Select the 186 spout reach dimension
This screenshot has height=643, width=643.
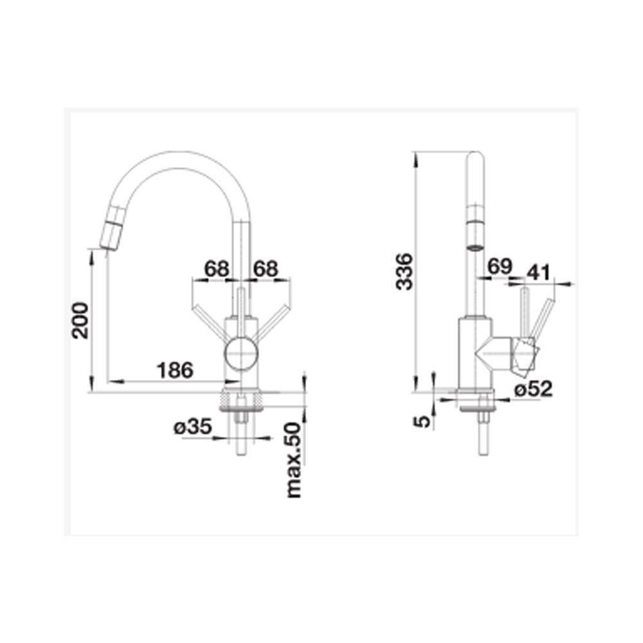point(175,370)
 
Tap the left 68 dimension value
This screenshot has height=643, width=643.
point(217,269)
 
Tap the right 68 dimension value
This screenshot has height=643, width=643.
point(266,269)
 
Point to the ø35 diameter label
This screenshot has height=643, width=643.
point(192,427)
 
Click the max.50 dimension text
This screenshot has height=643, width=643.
point(294,460)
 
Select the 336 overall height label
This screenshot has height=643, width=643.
point(404,272)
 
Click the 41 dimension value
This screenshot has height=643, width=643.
point(538,272)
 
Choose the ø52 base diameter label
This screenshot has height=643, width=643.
point(534,389)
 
